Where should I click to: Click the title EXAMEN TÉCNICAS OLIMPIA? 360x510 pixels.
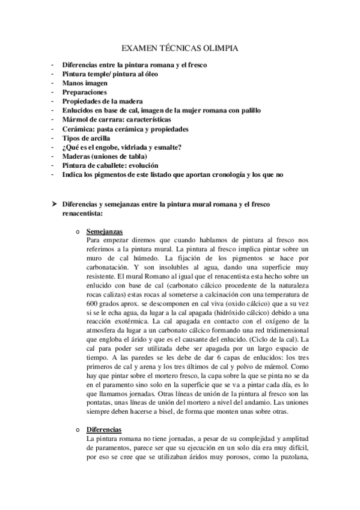tap(180, 48)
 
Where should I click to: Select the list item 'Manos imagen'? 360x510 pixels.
tap(85, 82)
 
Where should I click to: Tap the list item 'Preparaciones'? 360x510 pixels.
tap(85, 92)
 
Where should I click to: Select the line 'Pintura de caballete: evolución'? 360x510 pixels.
tap(111, 165)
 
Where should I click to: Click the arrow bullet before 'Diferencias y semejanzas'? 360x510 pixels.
tap(54, 204)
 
